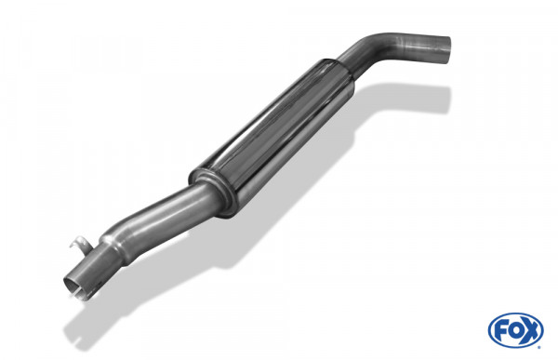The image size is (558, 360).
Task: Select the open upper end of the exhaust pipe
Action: point(444,47)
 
